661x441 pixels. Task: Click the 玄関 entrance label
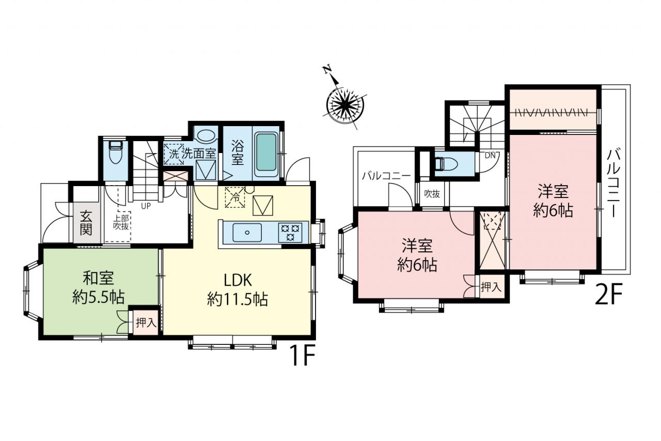click(86, 222)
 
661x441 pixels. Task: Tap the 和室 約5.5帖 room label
click(99, 288)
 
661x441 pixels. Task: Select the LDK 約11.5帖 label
click(238, 290)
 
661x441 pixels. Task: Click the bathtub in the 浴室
click(266, 153)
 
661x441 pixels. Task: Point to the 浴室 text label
click(237, 152)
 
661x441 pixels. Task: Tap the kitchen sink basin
click(247, 233)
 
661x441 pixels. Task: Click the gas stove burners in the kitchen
click(290, 233)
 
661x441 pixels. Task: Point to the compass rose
click(344, 104)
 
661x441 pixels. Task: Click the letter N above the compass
click(327, 70)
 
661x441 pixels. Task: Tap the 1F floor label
click(303, 355)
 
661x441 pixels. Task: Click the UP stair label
click(146, 206)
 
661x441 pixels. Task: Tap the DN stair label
click(490, 155)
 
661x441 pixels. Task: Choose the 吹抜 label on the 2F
click(432, 194)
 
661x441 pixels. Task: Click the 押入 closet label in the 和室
click(146, 323)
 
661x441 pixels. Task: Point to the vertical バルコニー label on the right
click(614, 183)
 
